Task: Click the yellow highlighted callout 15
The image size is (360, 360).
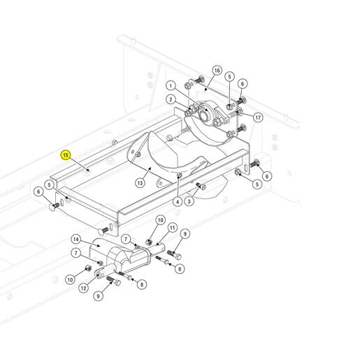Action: [66, 155]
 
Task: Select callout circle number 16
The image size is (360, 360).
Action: [217, 71]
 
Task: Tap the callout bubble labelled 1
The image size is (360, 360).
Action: [171, 86]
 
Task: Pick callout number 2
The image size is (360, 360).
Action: [171, 100]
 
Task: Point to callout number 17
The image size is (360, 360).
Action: [258, 117]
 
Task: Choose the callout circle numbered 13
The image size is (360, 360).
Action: [140, 183]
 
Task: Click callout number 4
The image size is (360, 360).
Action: [178, 201]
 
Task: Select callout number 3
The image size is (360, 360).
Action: [189, 201]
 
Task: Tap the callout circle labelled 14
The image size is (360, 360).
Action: [76, 240]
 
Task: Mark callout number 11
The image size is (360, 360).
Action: [172, 228]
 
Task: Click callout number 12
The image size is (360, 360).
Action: [84, 288]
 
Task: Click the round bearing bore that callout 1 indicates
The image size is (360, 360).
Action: [203, 116]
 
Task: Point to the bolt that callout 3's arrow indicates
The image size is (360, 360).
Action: [201, 186]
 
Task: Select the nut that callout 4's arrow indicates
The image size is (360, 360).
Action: [180, 175]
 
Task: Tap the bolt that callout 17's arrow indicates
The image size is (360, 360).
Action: [234, 114]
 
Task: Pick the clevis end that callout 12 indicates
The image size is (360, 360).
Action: [100, 273]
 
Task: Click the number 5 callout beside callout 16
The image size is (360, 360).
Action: [229, 77]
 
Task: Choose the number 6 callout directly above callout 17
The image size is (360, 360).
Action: [243, 84]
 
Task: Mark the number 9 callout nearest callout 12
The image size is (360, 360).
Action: [98, 296]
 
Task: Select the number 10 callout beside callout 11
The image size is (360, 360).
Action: [160, 220]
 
